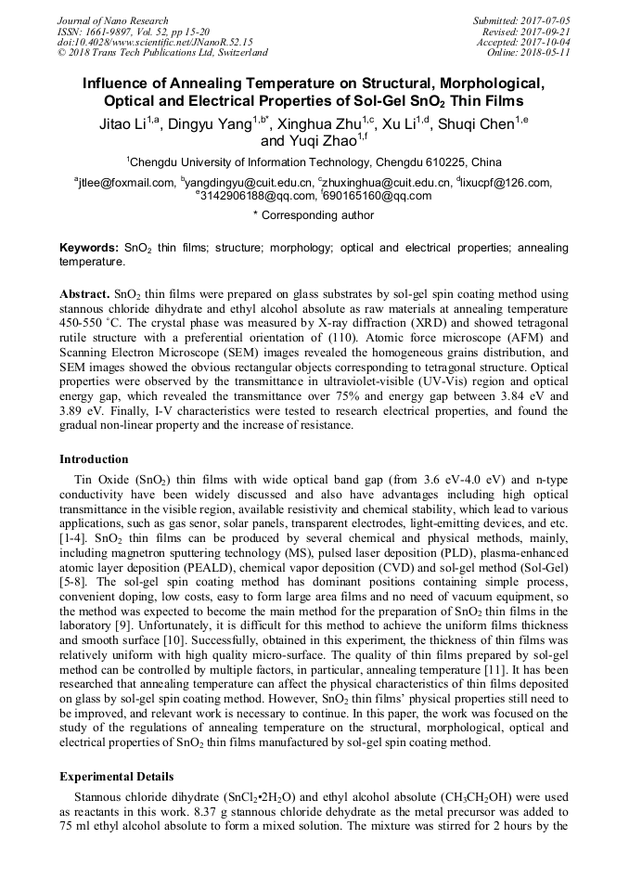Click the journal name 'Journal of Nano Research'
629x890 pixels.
pyautogui.click(x=112, y=20)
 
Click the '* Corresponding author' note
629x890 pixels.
pyautogui.click(x=314, y=215)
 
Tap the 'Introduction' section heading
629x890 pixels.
pyautogui.click(x=94, y=459)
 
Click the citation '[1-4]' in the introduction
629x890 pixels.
pyautogui.click(x=75, y=538)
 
